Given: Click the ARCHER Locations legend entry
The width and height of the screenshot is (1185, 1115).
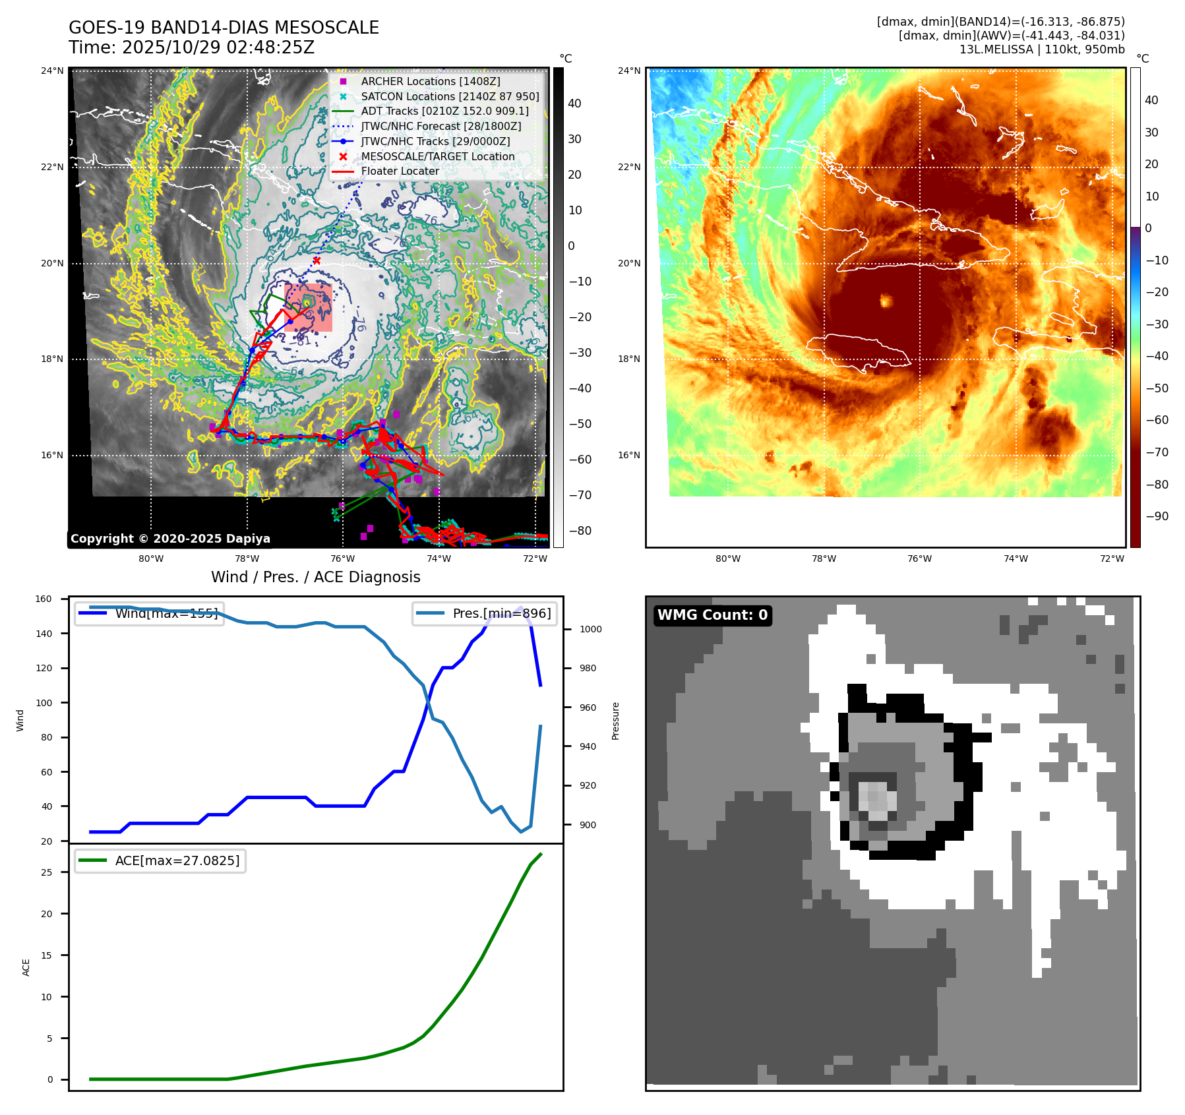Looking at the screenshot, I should click(430, 81).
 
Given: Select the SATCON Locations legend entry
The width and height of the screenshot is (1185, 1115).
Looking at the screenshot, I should click(450, 96).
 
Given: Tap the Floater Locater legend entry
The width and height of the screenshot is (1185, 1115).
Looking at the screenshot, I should click(400, 171).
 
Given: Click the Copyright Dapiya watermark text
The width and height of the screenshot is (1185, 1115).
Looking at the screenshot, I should click(170, 539).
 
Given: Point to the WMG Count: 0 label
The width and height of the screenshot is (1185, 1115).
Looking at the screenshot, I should click(712, 615).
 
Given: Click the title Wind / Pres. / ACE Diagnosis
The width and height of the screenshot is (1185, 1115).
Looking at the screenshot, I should click(315, 577).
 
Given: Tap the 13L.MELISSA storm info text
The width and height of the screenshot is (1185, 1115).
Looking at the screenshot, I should click(1042, 49).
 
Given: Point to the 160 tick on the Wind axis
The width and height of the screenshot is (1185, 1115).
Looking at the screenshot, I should click(44, 599).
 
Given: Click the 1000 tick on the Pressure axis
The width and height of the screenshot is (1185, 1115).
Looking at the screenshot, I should click(590, 629).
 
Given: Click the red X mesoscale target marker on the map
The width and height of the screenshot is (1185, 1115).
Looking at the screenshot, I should click(317, 260).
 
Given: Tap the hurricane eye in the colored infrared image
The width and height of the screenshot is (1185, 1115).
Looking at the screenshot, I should click(886, 301).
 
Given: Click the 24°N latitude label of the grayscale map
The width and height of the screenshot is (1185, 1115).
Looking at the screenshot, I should click(53, 71).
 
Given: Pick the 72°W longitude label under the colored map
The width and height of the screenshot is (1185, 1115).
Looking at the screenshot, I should click(1112, 558).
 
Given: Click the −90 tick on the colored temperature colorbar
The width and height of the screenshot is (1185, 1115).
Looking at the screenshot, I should click(1157, 516).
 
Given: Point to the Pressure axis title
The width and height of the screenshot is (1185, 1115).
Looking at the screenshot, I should click(615, 720).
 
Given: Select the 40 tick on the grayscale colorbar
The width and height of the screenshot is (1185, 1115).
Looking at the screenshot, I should click(574, 104).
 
